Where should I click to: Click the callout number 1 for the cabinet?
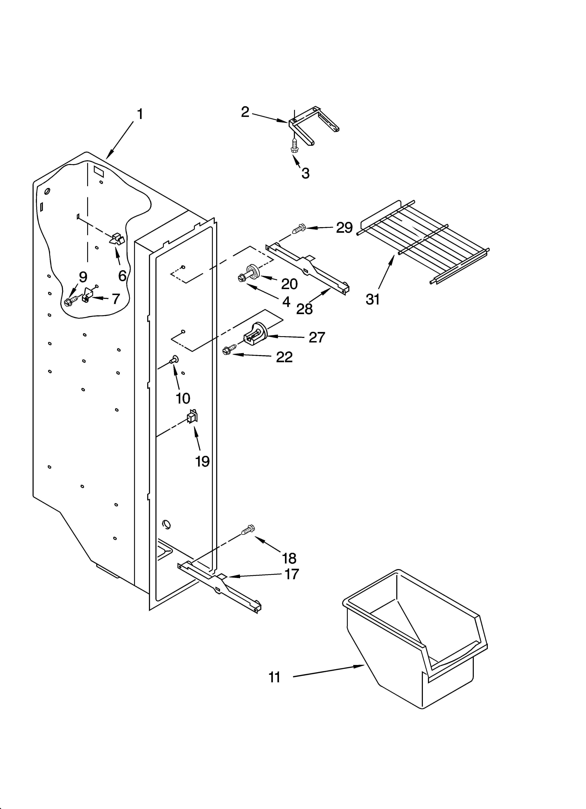140,114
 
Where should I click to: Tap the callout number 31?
373,299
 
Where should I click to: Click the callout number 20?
289,284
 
